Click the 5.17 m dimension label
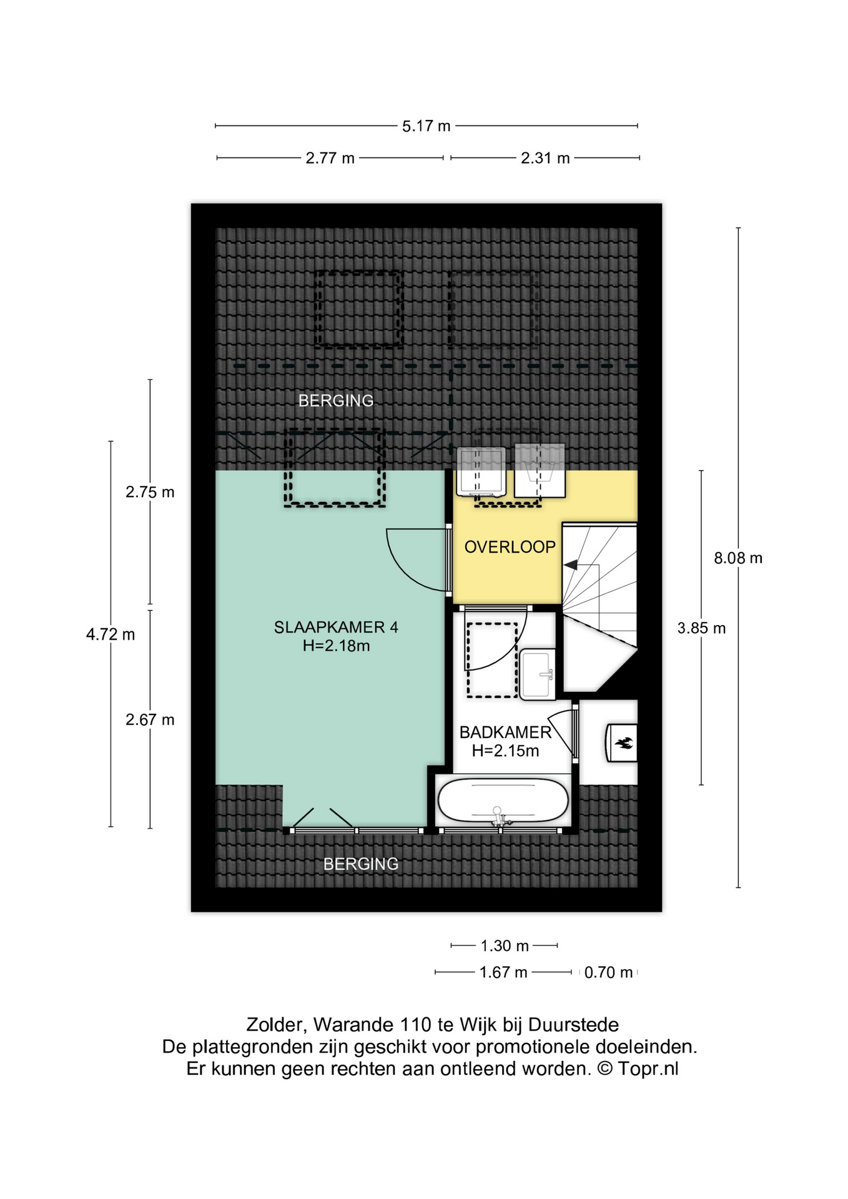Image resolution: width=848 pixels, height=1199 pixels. pyautogui.click(x=426, y=126)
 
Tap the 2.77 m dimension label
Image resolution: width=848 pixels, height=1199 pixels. pyautogui.click(x=330, y=159)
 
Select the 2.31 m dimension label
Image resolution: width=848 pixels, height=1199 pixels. pyautogui.click(x=545, y=159)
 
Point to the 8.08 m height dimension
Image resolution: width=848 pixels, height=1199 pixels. pyautogui.click(x=738, y=558)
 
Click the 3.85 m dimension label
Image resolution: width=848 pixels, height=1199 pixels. pyautogui.click(x=701, y=628)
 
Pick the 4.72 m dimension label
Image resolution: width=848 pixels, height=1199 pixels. pyautogui.click(x=111, y=634)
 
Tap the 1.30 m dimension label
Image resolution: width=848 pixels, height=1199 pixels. pyautogui.click(x=505, y=946)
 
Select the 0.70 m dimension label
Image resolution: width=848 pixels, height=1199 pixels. pyautogui.click(x=608, y=972)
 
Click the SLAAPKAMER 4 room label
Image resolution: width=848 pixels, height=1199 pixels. pyautogui.click(x=336, y=627)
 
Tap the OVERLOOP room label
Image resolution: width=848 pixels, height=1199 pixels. pyautogui.click(x=510, y=547)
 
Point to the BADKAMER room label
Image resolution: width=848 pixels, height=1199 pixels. pyautogui.click(x=505, y=732)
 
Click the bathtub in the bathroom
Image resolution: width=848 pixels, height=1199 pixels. pyautogui.click(x=503, y=801)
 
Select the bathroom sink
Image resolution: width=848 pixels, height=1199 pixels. pyautogui.click(x=537, y=674)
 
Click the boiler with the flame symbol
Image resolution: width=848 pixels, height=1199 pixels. pyautogui.click(x=621, y=743)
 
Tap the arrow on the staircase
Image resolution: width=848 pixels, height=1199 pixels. pyautogui.click(x=581, y=565)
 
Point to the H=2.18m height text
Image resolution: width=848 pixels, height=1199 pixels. pyautogui.click(x=336, y=646)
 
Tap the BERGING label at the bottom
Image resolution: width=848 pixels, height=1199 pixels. pyautogui.click(x=360, y=864)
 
